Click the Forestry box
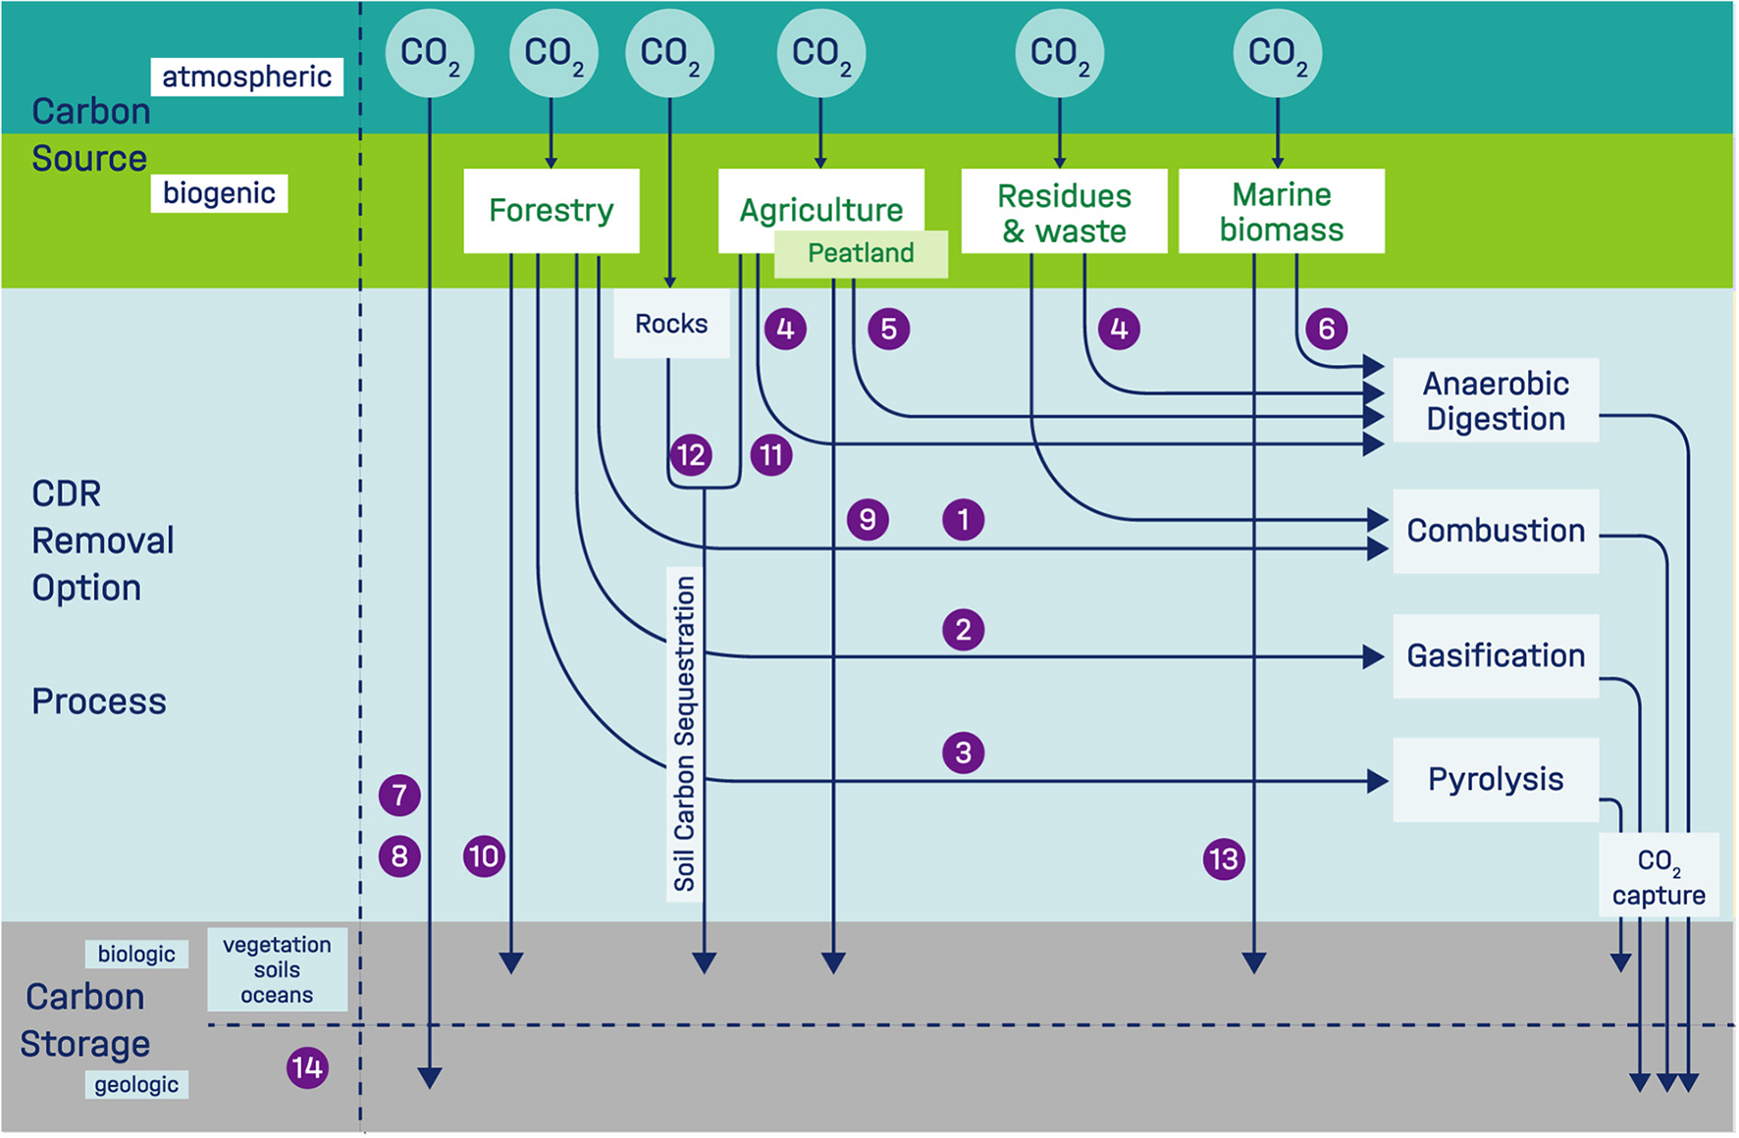coord(551,210)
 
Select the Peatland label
coord(861,253)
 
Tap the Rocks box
coord(671,324)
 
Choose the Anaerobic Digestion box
coord(1496,400)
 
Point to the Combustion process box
coord(1496,531)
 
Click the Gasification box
coord(1496,655)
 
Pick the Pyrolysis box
coord(1496,779)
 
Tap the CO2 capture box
coord(1659,876)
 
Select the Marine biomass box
coord(1281,211)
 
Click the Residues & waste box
coord(1064,212)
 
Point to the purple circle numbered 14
coord(307,1067)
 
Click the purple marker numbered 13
coord(1224,859)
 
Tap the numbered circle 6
coord(1326,329)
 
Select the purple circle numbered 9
coord(868,519)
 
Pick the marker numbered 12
coord(691,455)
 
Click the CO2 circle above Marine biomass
coord(1277,53)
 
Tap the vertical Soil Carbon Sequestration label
coord(684,733)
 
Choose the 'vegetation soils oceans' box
coord(277,969)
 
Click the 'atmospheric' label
coord(246,77)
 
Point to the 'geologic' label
coord(136,1084)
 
